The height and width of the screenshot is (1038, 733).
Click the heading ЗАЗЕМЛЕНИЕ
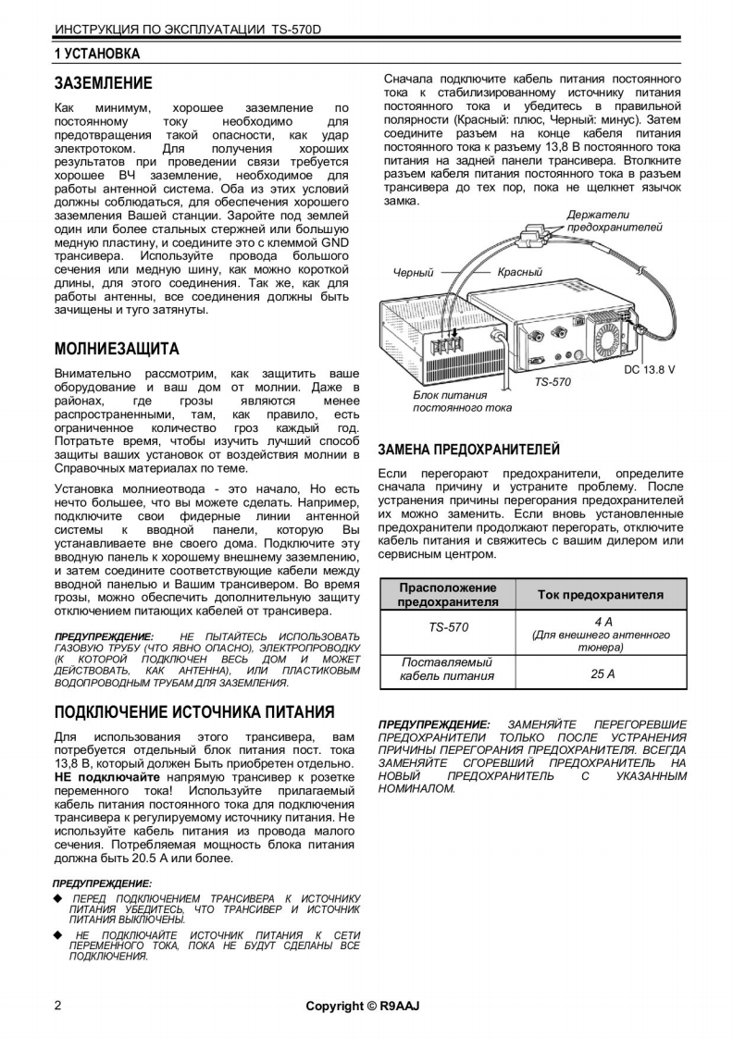103,83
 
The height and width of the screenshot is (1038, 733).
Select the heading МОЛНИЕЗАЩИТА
117,350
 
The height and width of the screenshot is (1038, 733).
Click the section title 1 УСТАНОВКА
97,53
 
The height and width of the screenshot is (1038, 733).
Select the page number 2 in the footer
58,1006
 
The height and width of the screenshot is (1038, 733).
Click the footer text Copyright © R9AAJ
363,1006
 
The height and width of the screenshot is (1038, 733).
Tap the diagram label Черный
414,273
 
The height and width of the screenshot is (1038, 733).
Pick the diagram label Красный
519,273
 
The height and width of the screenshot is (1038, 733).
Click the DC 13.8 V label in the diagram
649,369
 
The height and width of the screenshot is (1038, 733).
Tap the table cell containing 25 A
603,673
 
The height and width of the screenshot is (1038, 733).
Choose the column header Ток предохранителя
601,594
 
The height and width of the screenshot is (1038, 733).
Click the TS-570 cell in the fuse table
448,627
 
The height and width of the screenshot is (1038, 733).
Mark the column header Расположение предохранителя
448,594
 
